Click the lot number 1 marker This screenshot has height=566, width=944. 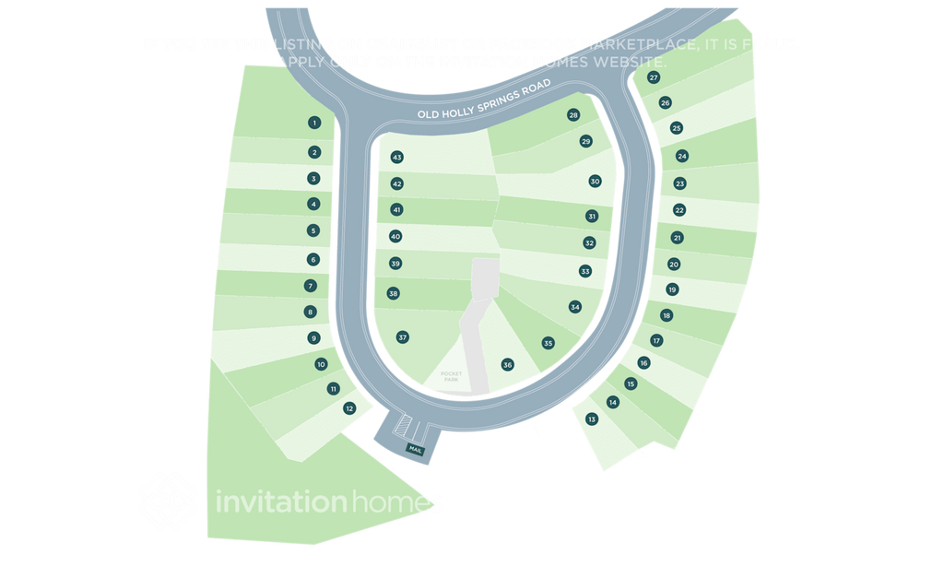pyautogui.click(x=314, y=123)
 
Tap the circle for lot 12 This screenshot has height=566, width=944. pyautogui.click(x=349, y=407)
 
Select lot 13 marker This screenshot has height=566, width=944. pyautogui.click(x=592, y=419)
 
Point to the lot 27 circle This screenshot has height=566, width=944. pyautogui.click(x=654, y=78)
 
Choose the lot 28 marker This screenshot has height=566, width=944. pyautogui.click(x=573, y=115)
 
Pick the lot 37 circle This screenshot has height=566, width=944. pyautogui.click(x=402, y=337)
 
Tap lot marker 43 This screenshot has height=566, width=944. pyautogui.click(x=397, y=158)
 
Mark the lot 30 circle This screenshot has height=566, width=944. pyautogui.click(x=595, y=182)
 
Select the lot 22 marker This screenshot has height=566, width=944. pyautogui.click(x=679, y=210)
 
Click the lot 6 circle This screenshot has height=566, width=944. pyautogui.click(x=313, y=260)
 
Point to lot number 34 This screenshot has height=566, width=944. pyautogui.click(x=575, y=306)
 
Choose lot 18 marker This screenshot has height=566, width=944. pyautogui.click(x=667, y=315)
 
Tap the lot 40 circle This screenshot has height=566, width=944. pyautogui.click(x=395, y=237)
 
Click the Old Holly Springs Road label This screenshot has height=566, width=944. pyautogui.click(x=484, y=101)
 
